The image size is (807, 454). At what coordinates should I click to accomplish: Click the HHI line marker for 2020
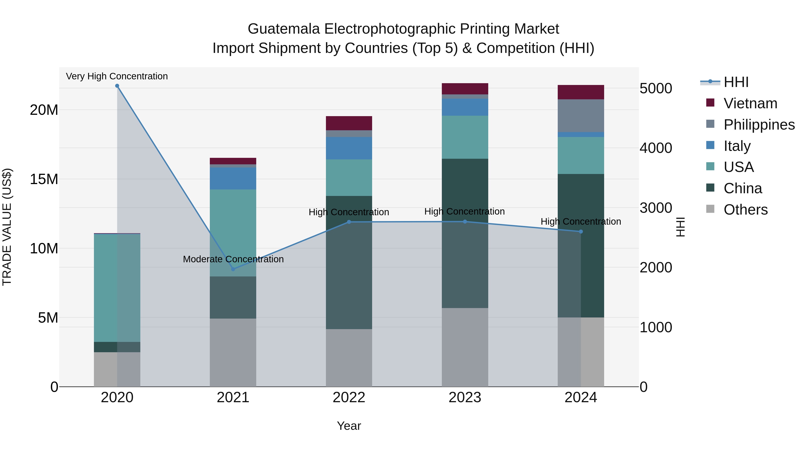(x=117, y=86)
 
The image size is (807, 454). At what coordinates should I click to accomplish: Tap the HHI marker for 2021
(x=233, y=269)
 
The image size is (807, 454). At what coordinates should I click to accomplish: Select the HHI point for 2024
(x=581, y=232)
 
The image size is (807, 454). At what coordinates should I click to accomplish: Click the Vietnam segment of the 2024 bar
(x=581, y=92)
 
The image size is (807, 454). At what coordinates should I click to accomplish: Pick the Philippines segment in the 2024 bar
(x=581, y=116)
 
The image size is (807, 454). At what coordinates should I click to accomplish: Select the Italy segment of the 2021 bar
(x=233, y=178)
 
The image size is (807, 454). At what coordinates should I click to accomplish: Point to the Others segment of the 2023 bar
(x=465, y=347)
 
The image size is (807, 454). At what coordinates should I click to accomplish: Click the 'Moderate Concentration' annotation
(x=233, y=259)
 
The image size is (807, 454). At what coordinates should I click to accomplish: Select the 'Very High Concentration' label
(x=117, y=76)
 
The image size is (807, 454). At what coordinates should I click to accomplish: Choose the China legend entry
(x=742, y=188)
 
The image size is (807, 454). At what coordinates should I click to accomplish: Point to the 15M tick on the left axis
(x=44, y=179)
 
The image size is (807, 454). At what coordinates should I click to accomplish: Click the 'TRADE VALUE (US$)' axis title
(x=7, y=227)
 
